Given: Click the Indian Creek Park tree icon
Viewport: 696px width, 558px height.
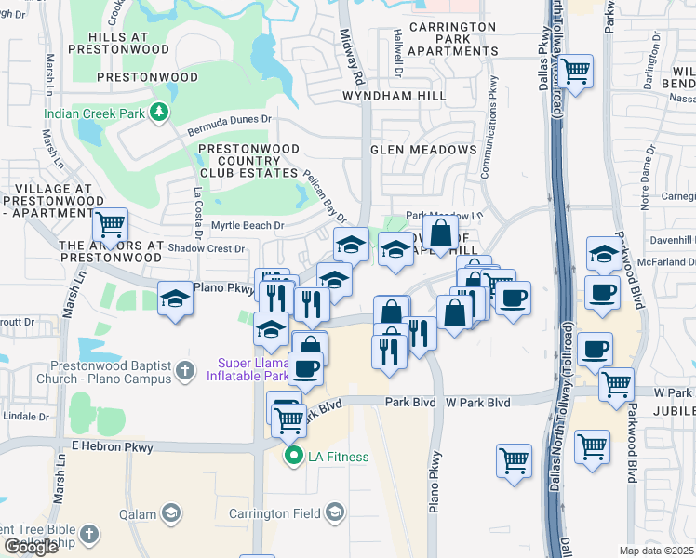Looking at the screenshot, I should [x=160, y=113].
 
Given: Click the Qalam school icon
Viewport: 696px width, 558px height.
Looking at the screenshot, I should [x=171, y=513].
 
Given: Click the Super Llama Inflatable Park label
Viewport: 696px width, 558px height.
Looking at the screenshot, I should [x=254, y=369].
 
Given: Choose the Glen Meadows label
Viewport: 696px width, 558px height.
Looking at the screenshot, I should [x=423, y=150].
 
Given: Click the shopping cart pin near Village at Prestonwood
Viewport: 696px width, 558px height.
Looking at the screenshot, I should [x=111, y=224].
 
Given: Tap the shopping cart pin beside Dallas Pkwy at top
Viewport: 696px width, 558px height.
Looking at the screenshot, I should [x=577, y=70].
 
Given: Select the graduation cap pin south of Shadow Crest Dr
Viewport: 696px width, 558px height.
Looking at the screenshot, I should [x=175, y=299].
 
